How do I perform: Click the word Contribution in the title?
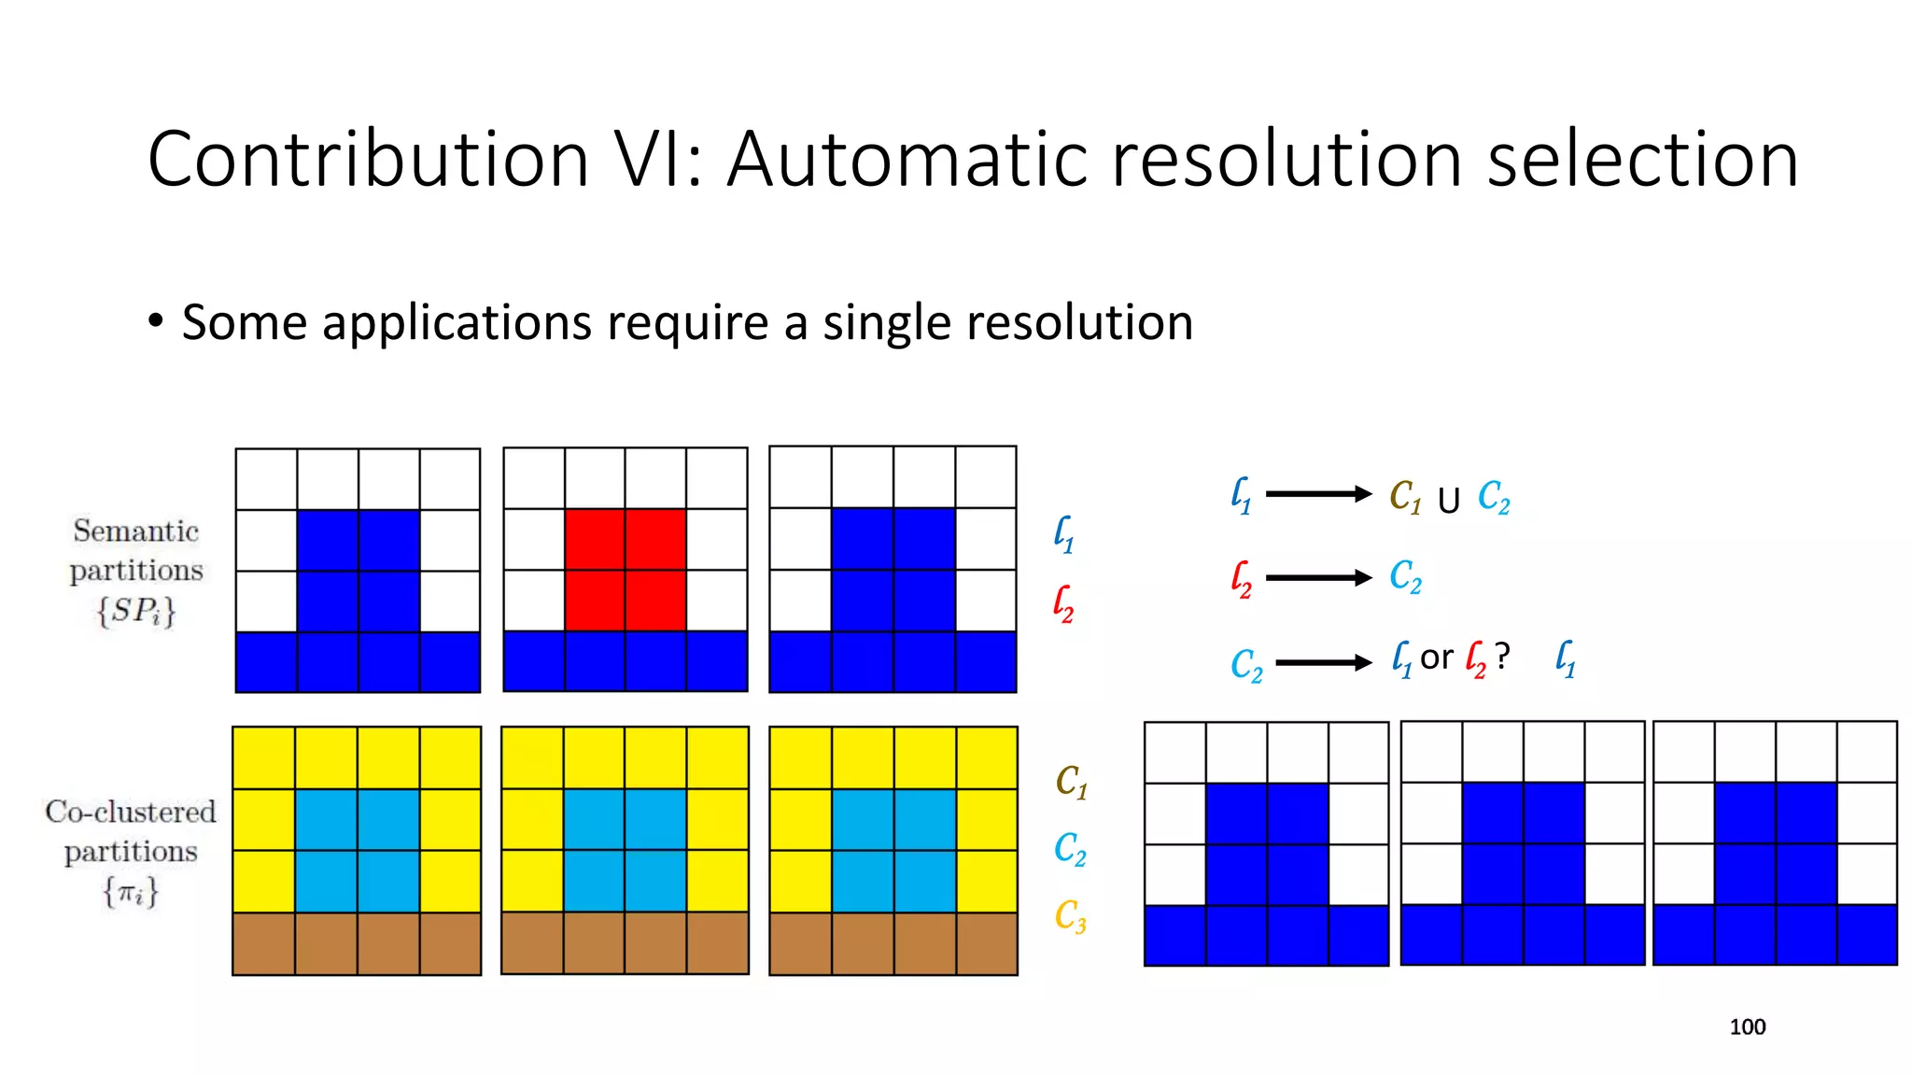[369, 159]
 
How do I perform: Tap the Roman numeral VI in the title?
[656, 159]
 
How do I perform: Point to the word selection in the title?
[1642, 159]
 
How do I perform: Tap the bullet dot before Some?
[156, 321]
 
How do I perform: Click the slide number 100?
[1747, 1027]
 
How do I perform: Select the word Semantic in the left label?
[136, 531]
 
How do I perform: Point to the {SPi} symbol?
[136, 612]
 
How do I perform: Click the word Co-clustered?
[131, 812]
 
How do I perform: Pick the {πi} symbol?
[131, 892]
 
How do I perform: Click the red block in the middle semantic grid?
[625, 570]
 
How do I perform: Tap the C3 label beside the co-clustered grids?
[1070, 916]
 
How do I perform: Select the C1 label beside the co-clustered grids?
[1071, 782]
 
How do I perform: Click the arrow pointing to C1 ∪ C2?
[1317, 494]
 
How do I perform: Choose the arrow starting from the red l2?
[1317, 578]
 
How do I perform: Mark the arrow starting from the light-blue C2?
[1323, 663]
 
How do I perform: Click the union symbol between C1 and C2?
[1448, 502]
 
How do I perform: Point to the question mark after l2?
[1502, 657]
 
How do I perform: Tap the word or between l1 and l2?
[1436, 658]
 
